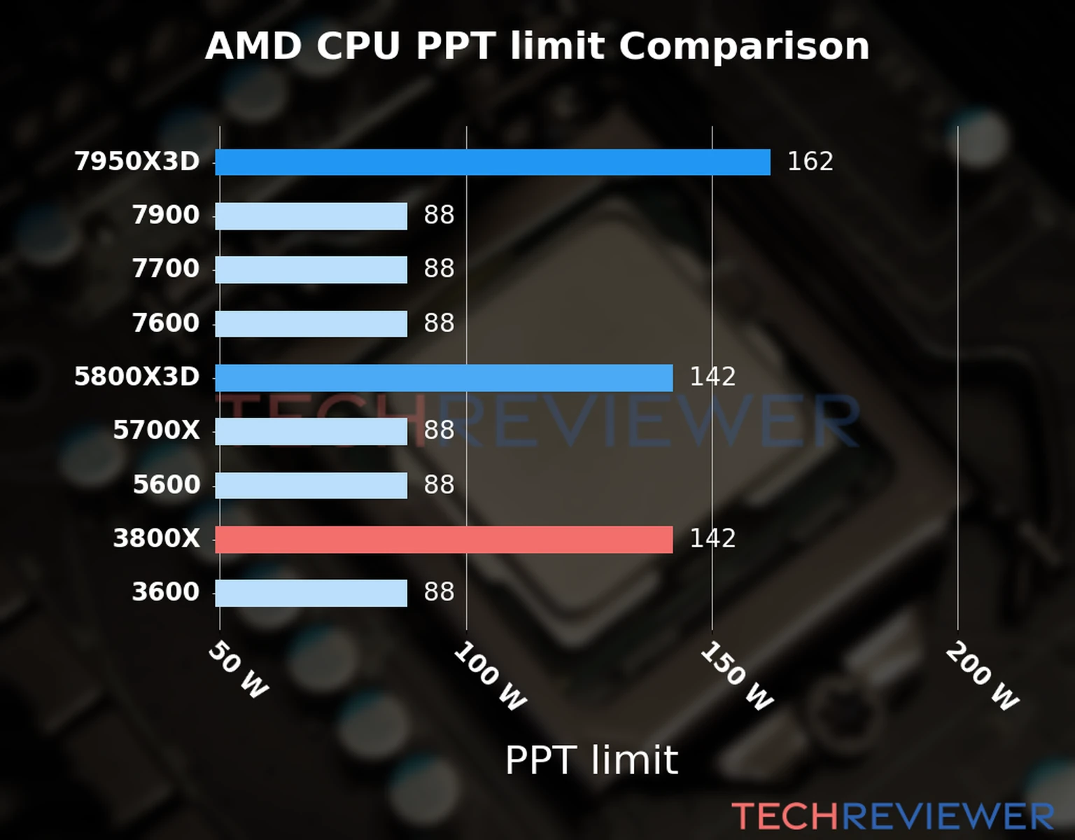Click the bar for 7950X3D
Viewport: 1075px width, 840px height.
492,162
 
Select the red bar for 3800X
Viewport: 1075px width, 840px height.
443,540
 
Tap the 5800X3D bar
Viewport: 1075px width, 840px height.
443,378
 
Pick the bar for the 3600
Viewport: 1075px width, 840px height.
311,593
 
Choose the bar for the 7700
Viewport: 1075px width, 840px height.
311,269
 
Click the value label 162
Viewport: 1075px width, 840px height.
810,162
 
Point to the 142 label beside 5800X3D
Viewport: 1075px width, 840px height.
712,377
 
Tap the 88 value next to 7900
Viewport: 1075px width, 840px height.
439,216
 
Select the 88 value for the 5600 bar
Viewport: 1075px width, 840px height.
439,485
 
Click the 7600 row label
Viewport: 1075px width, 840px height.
166,323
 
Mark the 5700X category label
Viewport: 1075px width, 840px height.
156,430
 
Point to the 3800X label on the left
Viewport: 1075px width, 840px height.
156,539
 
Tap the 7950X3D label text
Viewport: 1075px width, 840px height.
137,162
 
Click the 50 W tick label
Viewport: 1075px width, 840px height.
238,670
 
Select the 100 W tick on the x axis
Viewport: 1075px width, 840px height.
489,677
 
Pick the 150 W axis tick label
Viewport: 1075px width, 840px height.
736,677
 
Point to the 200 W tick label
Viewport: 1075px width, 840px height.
981,677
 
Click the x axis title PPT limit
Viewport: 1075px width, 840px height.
591,760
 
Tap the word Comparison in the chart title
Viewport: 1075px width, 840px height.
744,46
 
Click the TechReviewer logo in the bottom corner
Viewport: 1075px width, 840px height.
892,816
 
